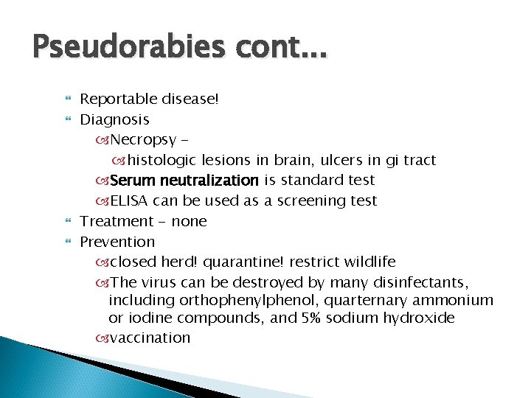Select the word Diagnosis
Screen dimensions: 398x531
(114, 119)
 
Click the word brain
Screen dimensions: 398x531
(294, 160)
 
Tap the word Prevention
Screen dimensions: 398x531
(117, 242)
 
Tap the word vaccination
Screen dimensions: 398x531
(150, 338)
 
